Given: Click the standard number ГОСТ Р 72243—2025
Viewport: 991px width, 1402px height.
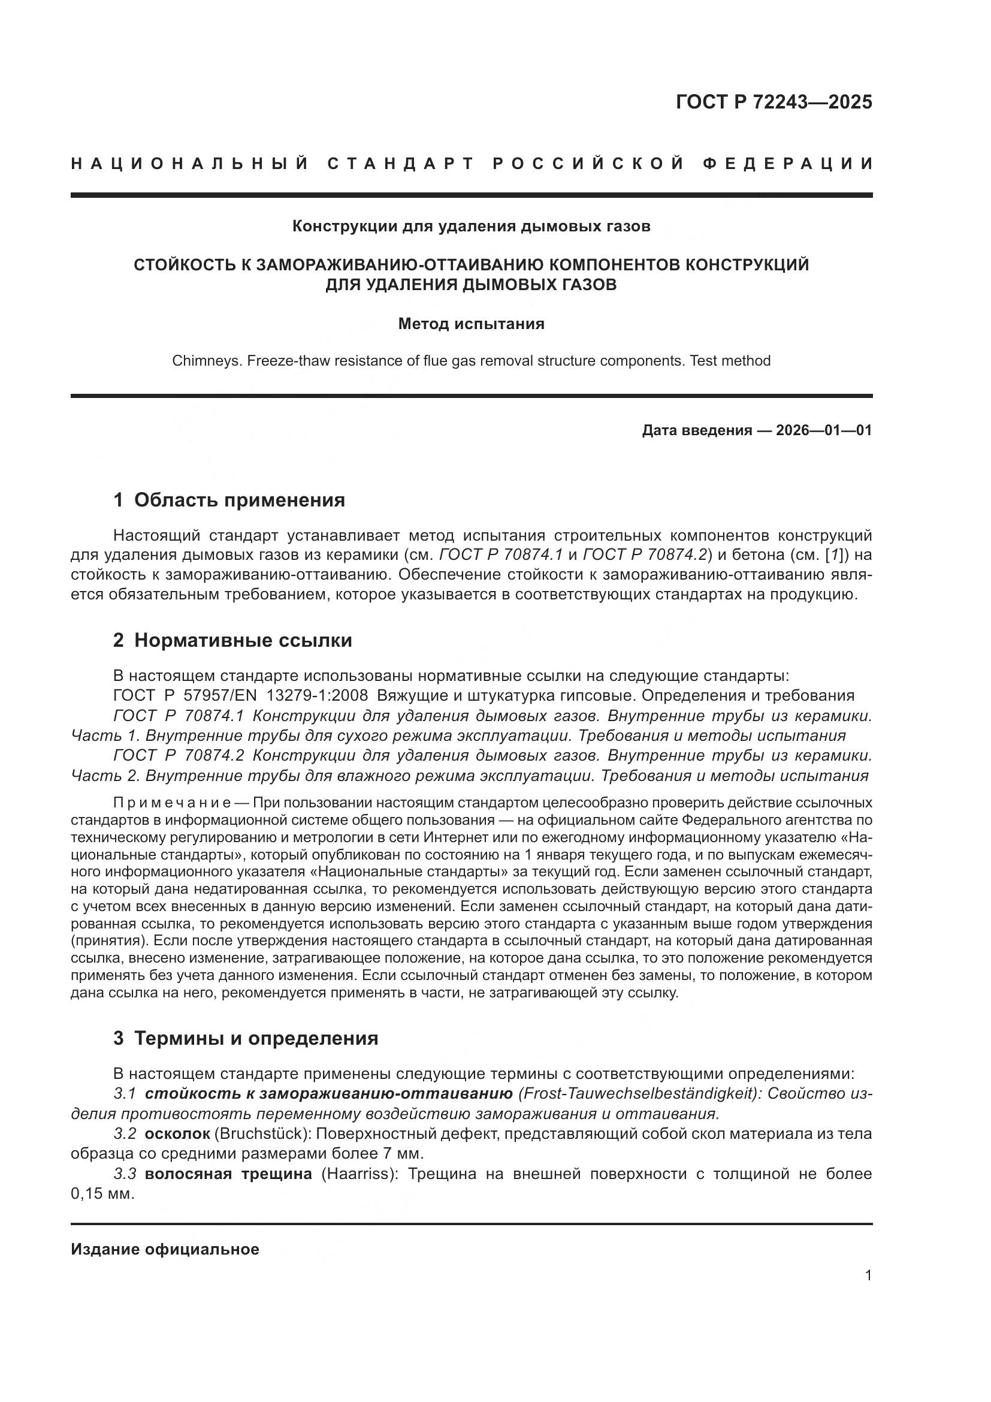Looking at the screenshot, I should (774, 102).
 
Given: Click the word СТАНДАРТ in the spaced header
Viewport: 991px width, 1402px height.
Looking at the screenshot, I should (401, 164).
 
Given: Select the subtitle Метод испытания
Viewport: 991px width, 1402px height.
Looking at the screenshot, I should (471, 324).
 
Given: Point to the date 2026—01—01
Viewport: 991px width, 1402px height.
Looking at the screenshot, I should (824, 430).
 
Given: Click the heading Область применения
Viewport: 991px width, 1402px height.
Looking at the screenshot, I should (239, 500).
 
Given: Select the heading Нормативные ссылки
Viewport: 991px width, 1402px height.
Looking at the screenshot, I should (243, 640).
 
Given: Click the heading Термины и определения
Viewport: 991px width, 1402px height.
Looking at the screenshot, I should (256, 1038).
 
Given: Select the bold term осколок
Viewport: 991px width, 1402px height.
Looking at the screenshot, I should (177, 1134).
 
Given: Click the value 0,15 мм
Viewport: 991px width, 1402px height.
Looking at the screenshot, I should (102, 1194).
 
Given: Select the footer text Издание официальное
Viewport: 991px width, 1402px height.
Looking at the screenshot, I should (165, 1249).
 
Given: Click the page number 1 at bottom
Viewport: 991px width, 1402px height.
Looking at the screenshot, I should (868, 1276).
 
